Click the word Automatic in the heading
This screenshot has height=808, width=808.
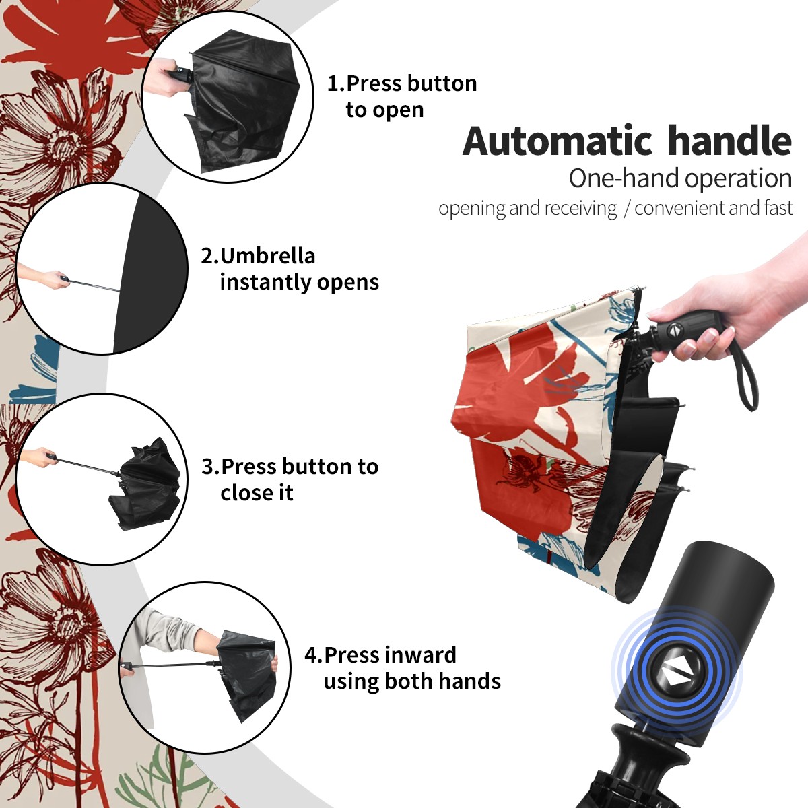[x=558, y=141]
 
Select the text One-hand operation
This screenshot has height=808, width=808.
[x=680, y=178]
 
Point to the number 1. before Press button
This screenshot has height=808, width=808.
[x=336, y=83]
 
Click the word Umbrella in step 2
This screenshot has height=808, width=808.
[x=268, y=256]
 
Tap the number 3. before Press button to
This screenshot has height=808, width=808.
[x=211, y=466]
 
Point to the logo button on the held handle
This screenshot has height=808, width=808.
[x=674, y=329]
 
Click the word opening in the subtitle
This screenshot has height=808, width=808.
[x=471, y=208]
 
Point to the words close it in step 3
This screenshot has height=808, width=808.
[x=257, y=493]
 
